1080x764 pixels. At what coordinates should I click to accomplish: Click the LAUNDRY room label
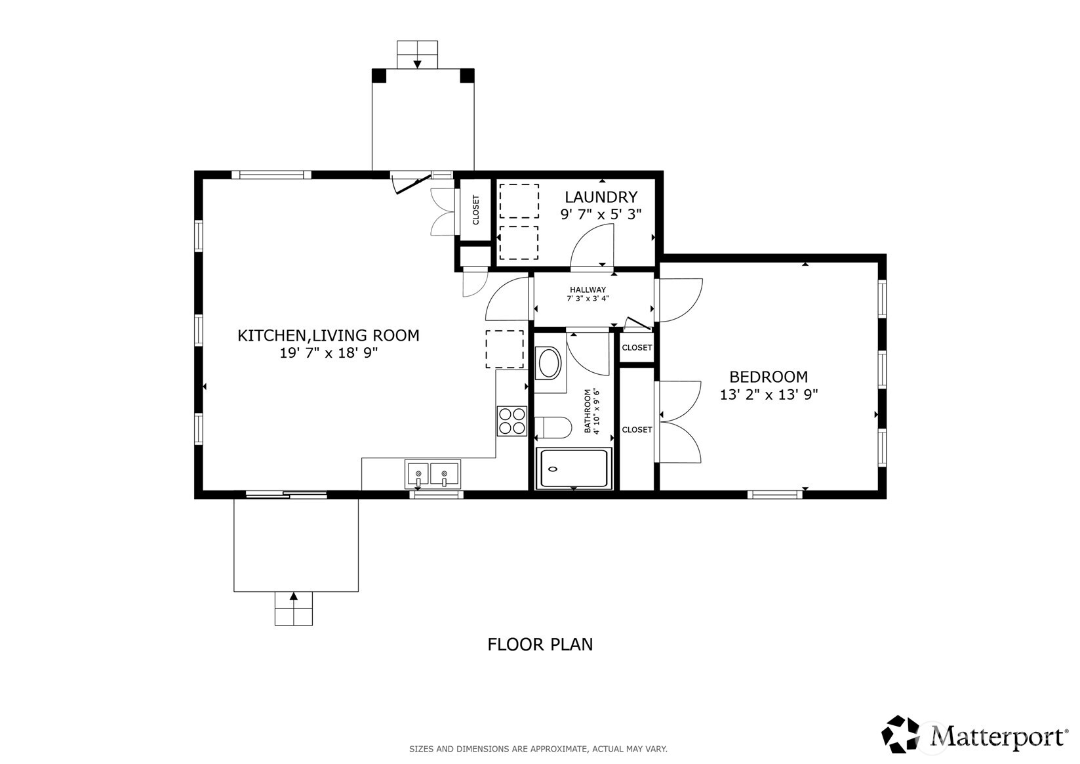pos(601,197)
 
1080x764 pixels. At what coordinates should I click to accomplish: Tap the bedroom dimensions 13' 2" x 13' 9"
pos(769,395)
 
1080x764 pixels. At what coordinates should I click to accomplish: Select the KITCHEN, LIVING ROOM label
pos(328,335)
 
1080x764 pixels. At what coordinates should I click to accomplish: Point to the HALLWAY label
pos(588,289)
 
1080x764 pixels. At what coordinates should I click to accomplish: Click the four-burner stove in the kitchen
pos(512,421)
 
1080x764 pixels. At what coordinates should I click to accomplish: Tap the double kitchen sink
pos(432,473)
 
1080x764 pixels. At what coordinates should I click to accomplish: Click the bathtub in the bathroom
pos(574,469)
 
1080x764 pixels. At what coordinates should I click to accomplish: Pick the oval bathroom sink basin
pos(549,363)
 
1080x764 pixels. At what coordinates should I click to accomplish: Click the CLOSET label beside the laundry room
pos(476,210)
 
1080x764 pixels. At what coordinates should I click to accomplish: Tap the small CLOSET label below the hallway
pos(637,348)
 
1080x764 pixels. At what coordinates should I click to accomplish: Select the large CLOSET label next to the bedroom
pos(637,430)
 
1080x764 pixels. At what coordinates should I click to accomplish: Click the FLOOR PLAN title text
pos(540,645)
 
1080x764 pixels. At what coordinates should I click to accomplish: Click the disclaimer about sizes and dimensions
pos(538,749)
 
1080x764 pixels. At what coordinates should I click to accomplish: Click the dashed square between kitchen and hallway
pos(504,349)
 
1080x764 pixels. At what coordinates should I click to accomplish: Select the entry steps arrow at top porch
pos(417,64)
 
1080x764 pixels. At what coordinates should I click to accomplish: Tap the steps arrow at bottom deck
pos(293,597)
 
